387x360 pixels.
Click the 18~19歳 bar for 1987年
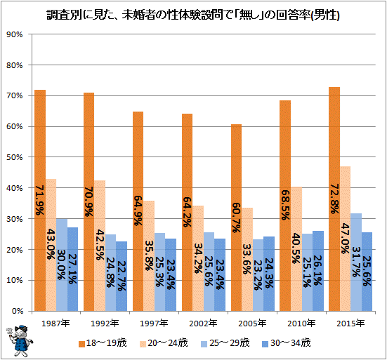(x=40, y=200)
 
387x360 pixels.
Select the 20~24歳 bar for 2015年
(x=346, y=239)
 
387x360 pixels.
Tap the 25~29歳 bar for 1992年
(x=110, y=273)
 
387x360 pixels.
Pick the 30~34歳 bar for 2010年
(x=318, y=271)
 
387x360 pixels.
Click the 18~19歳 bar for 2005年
(x=236, y=218)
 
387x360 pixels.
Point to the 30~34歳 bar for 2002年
(x=220, y=275)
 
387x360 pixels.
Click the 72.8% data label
(x=334, y=199)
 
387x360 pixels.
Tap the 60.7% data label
(x=236, y=218)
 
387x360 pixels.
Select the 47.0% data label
(x=346, y=239)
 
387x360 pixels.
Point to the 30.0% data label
(x=61, y=265)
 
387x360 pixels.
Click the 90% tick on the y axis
(x=14, y=34)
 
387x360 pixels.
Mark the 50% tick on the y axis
(x=14, y=157)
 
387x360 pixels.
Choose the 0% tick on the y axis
(x=17, y=311)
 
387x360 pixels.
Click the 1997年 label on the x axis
(x=154, y=323)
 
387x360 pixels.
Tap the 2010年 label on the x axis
(x=301, y=323)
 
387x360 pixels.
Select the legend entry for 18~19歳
(x=103, y=343)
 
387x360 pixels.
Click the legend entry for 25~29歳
(x=225, y=343)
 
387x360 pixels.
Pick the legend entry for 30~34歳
(x=287, y=343)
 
